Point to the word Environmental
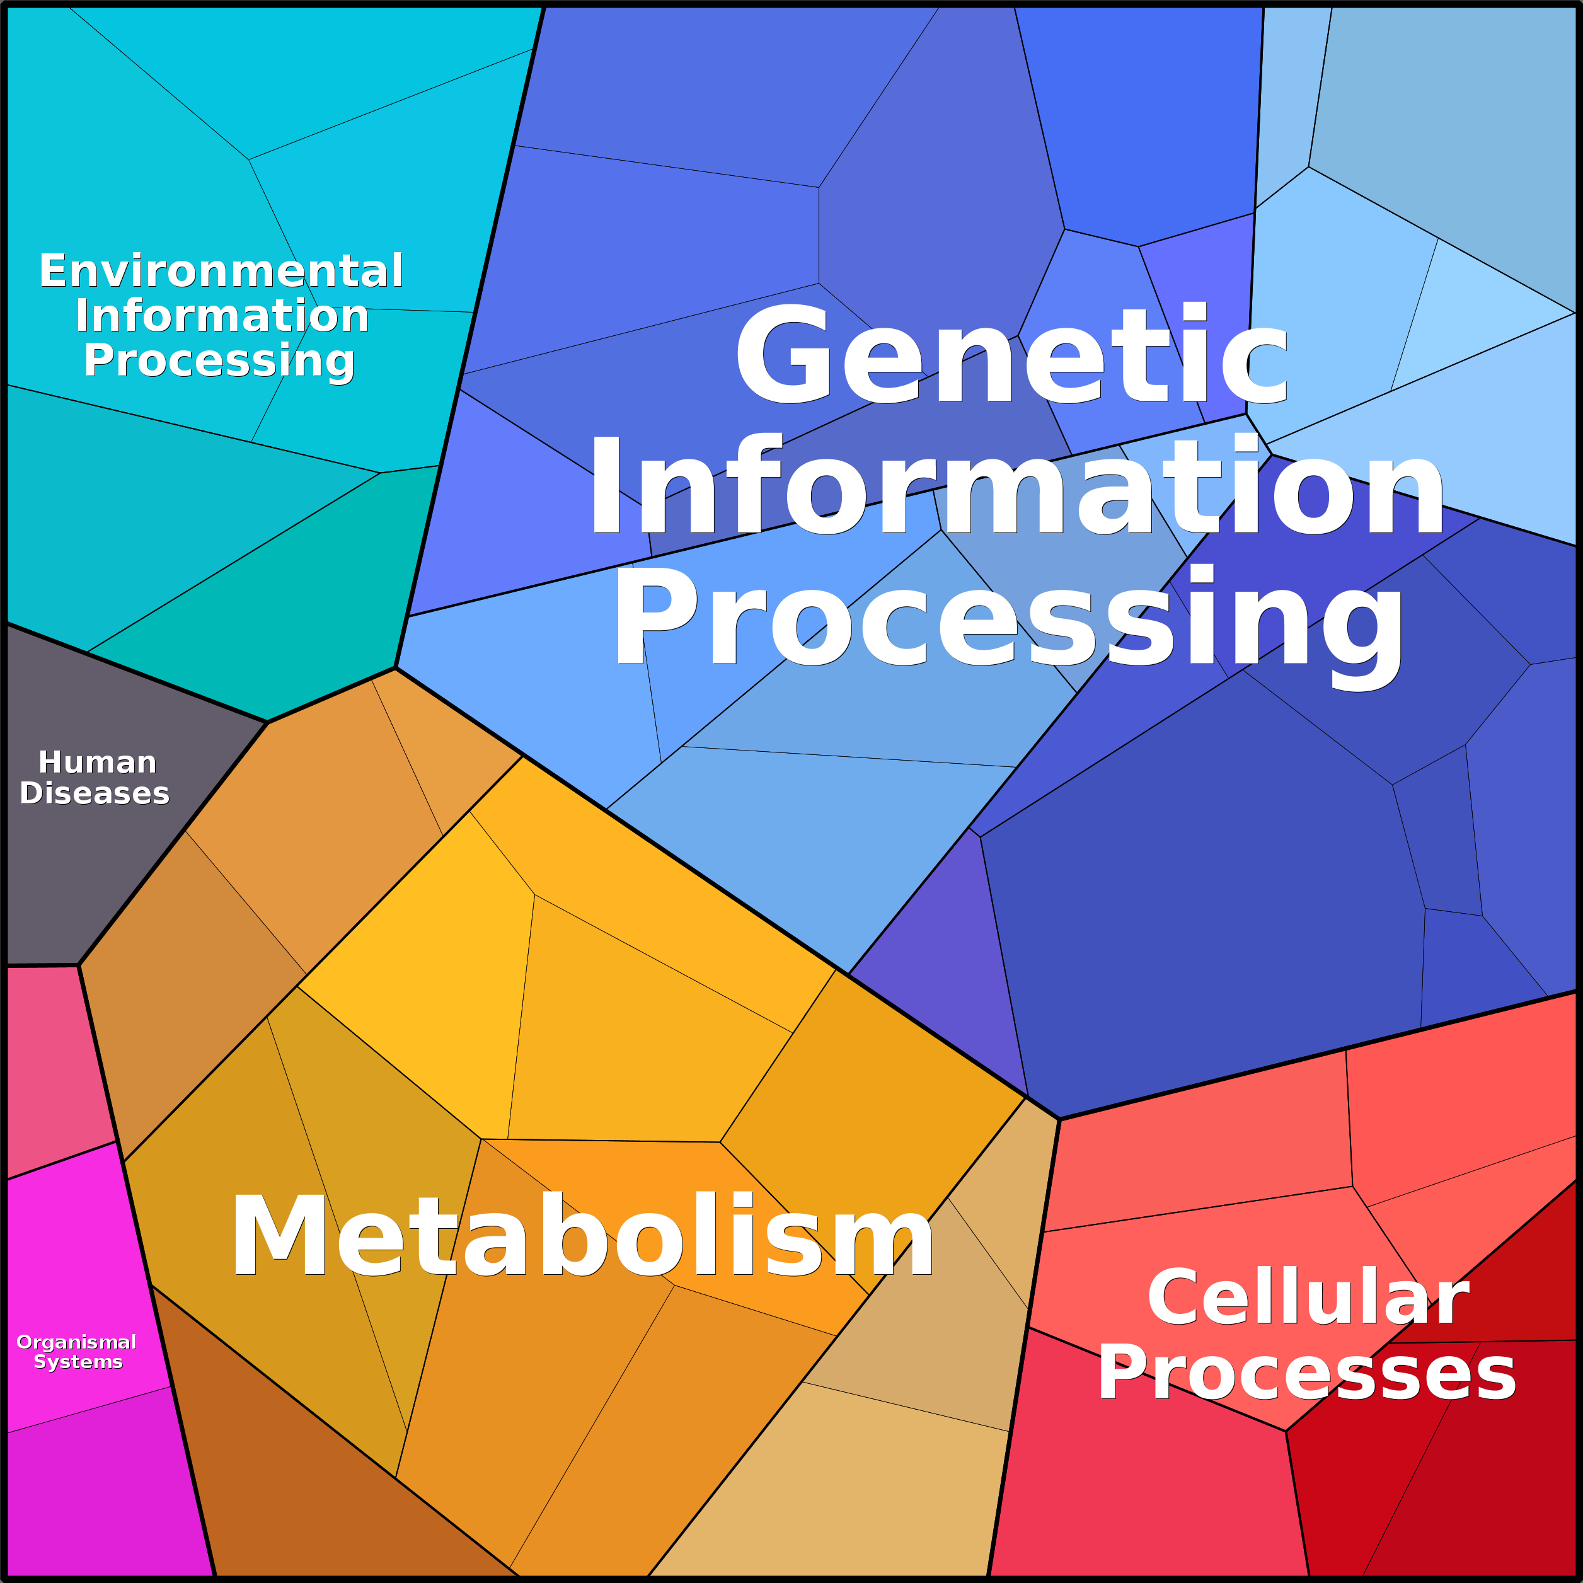(221, 270)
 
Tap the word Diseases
(95, 793)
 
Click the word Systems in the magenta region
(78, 1362)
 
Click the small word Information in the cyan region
(222, 316)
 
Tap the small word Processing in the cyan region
(219, 361)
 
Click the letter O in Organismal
(25, 1341)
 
